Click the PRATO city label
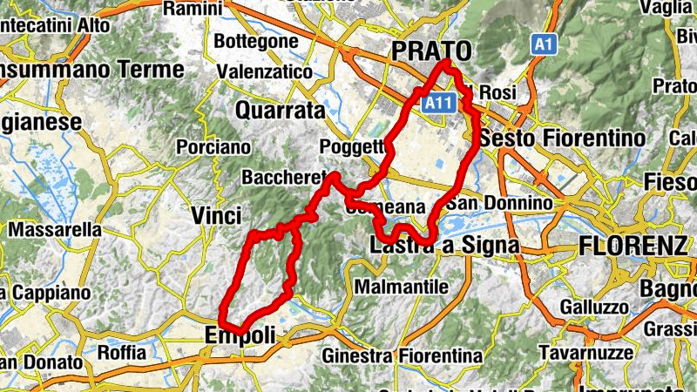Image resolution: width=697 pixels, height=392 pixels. (x=431, y=51)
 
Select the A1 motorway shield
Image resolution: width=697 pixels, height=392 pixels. (x=544, y=43)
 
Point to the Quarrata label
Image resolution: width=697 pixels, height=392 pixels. (x=281, y=111)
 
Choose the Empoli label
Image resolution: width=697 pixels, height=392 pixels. (x=240, y=335)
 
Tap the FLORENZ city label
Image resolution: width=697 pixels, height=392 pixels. (x=633, y=246)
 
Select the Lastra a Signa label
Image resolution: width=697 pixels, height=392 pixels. (x=444, y=246)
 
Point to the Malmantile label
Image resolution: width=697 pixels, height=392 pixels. (x=402, y=287)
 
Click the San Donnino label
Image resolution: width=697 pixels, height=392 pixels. (x=499, y=203)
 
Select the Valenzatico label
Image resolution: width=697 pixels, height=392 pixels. (x=264, y=71)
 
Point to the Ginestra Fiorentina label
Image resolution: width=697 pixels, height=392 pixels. (x=403, y=356)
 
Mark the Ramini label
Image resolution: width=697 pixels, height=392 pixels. (x=193, y=9)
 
